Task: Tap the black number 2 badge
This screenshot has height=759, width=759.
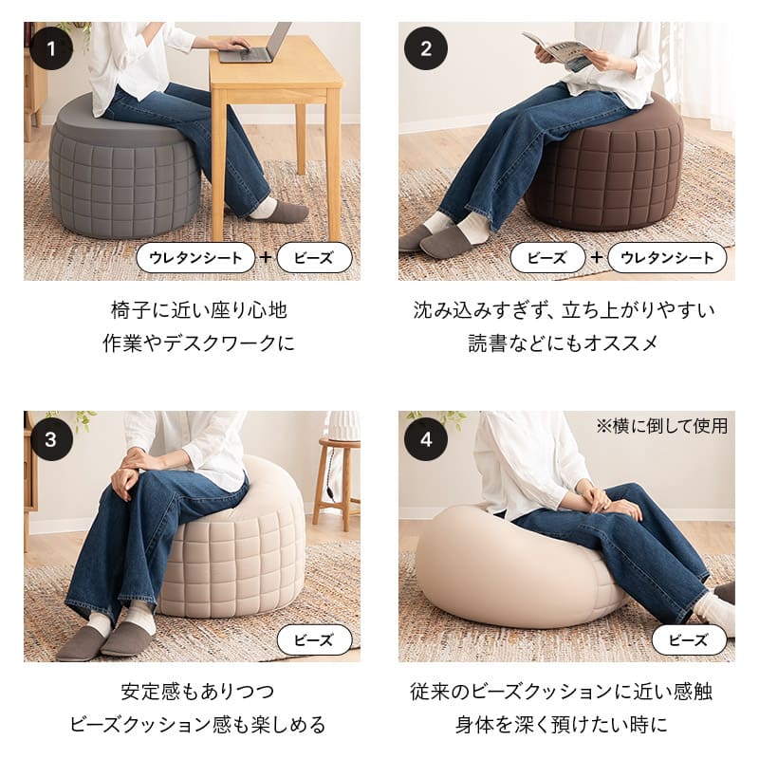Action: point(426,48)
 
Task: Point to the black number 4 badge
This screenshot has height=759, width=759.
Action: point(426,438)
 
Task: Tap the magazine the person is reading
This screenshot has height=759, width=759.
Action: point(558,49)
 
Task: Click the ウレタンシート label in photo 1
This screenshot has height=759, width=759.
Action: point(195,257)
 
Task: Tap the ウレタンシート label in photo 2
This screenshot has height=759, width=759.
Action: point(667,257)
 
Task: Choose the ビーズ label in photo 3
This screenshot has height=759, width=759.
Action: point(314,639)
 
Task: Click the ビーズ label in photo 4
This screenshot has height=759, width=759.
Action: point(689,639)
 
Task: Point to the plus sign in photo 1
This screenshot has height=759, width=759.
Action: point(266,257)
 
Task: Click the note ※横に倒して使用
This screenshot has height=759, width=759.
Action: point(661,426)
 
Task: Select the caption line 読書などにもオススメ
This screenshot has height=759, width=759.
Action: point(564,343)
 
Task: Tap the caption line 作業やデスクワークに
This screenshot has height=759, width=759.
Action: point(198,343)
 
